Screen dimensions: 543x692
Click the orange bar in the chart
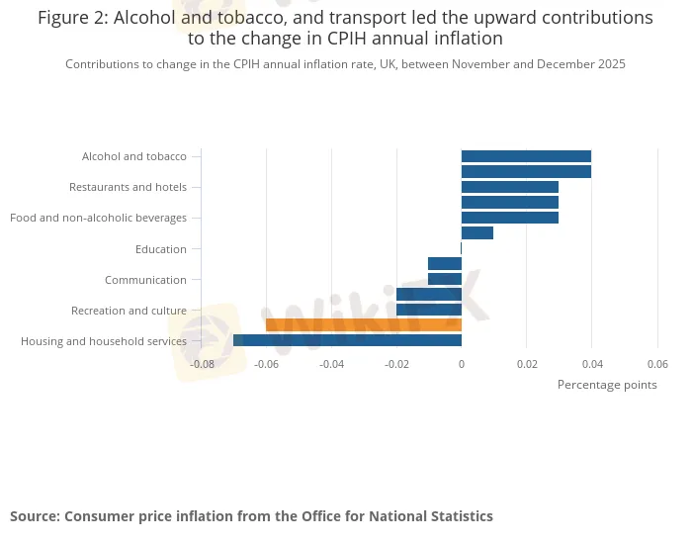(x=363, y=324)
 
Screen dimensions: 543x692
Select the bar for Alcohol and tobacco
(x=526, y=156)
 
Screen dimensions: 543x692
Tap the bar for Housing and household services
(x=347, y=340)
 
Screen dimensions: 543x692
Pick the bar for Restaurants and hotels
(x=509, y=187)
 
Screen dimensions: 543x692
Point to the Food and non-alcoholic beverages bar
(x=509, y=218)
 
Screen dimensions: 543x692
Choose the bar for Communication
(x=445, y=279)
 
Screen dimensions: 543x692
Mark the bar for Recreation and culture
(x=429, y=310)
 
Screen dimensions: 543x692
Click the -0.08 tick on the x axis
(x=202, y=364)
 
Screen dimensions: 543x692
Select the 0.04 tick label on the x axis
(x=591, y=364)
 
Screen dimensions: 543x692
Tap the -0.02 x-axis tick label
(x=396, y=364)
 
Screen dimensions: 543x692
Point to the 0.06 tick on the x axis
(x=656, y=364)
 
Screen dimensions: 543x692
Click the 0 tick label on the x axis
(x=461, y=364)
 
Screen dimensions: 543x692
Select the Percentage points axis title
(x=607, y=385)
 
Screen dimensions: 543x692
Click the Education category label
(x=160, y=249)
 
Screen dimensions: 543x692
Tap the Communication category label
(x=145, y=280)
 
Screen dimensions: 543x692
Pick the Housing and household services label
(x=104, y=341)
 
